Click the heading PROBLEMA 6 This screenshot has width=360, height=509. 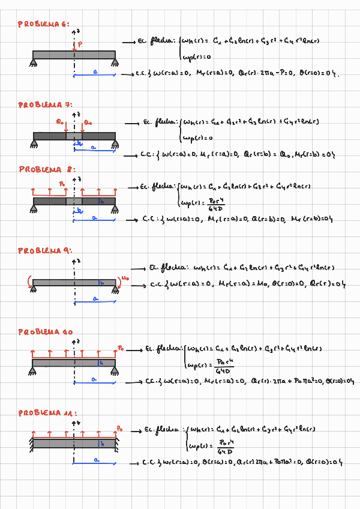click(x=43, y=24)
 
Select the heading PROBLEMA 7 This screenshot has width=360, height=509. click(x=44, y=104)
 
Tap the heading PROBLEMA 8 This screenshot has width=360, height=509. click(x=47, y=169)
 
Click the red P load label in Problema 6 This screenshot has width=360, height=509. click(x=80, y=44)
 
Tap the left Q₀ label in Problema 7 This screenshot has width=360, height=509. click(x=59, y=122)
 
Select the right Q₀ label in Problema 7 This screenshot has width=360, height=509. click(x=88, y=122)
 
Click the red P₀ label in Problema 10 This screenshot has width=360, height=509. click(x=121, y=348)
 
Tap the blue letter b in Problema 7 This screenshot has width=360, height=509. click(x=77, y=143)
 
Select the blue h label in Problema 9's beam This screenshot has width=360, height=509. click(x=103, y=282)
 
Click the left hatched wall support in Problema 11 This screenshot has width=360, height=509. click(x=29, y=444)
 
